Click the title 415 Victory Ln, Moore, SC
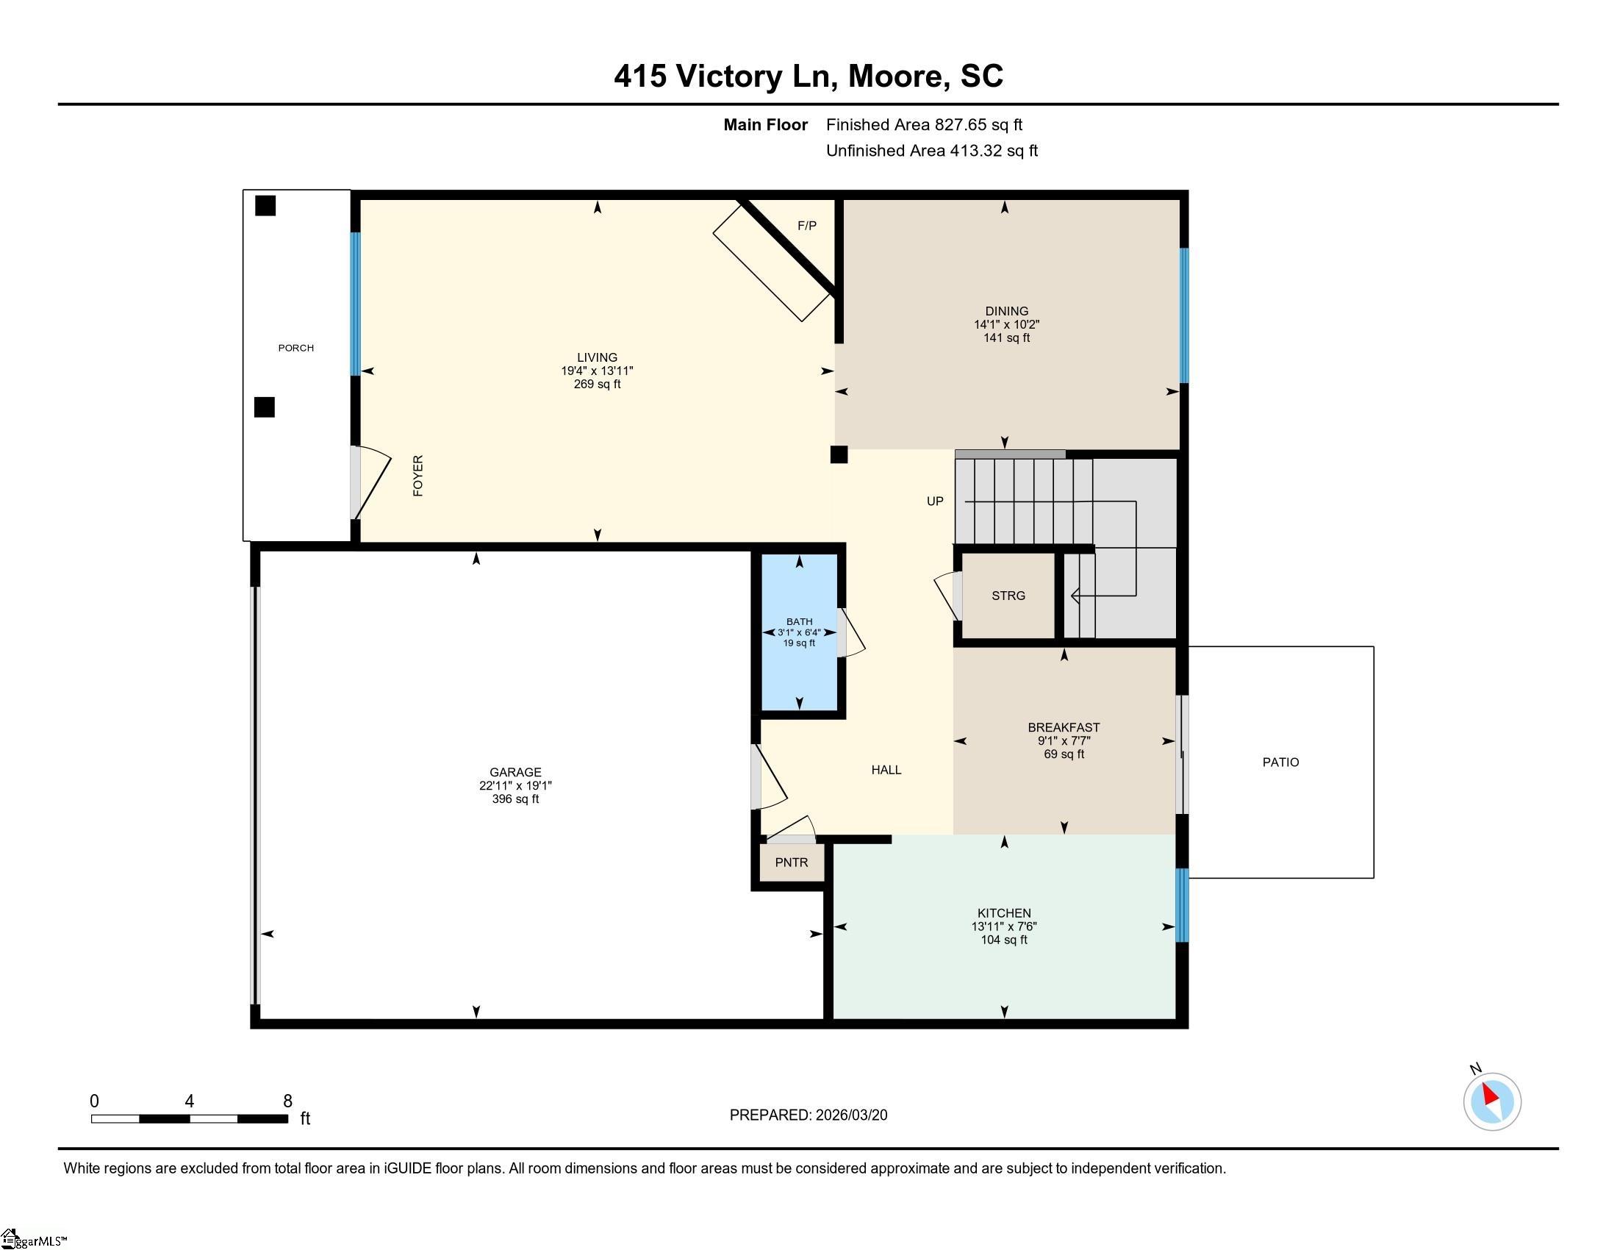point(808,76)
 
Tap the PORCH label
point(296,348)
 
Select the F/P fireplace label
point(807,226)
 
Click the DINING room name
point(1007,311)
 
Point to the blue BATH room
point(800,632)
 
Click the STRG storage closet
point(1008,596)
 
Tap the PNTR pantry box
point(792,863)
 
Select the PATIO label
point(1281,762)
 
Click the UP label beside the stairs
point(935,501)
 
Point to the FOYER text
point(418,476)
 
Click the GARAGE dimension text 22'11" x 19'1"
point(515,786)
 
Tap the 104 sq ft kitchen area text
point(1004,940)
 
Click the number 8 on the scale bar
point(287,1101)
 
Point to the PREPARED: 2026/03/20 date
point(808,1115)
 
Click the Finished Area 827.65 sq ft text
point(924,125)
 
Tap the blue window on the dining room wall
point(1184,315)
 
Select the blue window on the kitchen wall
point(1183,905)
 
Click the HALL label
point(886,770)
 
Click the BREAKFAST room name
point(1064,727)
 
